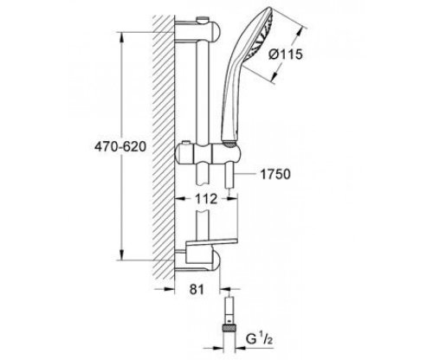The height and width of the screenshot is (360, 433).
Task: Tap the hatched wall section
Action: (165, 147)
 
